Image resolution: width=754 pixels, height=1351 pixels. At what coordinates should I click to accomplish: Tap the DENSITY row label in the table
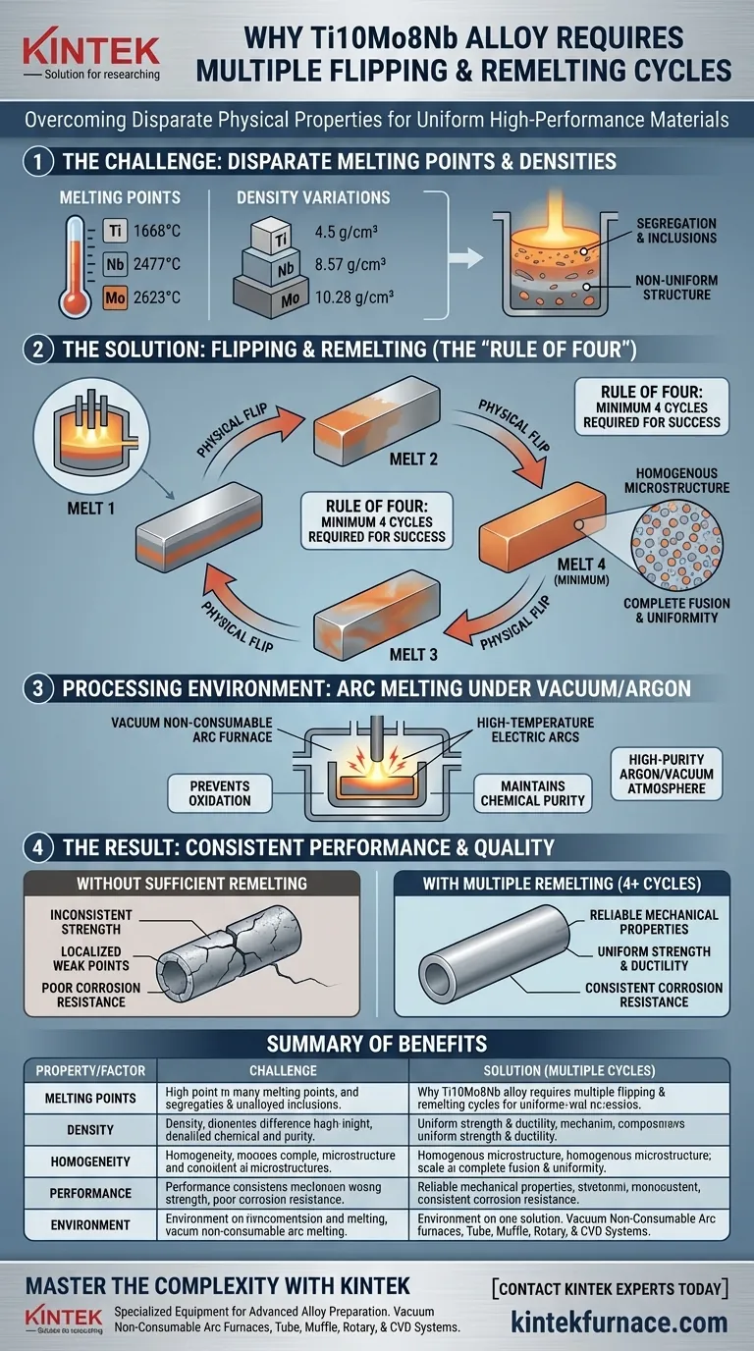pos(89,1129)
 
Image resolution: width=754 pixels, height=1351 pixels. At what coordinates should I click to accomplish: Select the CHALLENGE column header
pos(283,1069)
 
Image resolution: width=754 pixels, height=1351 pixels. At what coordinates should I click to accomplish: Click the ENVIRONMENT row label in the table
pos(89,1224)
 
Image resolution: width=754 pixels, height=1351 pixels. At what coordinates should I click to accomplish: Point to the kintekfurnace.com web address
pos(619,1322)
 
